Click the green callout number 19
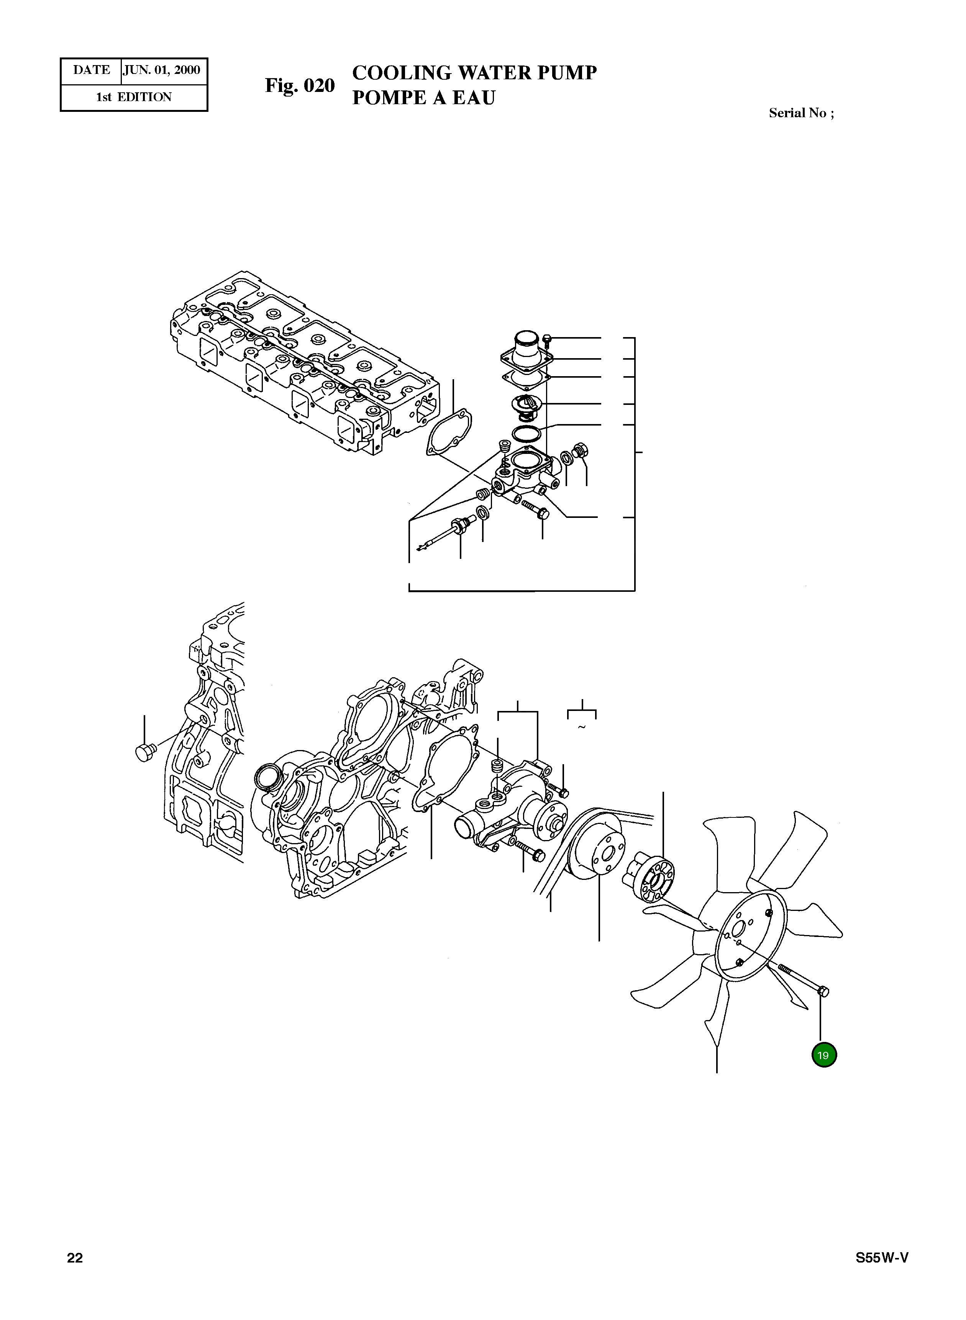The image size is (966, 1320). tap(823, 1055)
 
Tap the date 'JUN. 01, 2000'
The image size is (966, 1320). tap(162, 70)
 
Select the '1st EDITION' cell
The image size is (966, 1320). tap(134, 97)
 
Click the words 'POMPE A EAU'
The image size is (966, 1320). tap(423, 98)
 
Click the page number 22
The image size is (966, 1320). tap(75, 1258)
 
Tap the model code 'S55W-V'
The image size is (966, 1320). tap(882, 1258)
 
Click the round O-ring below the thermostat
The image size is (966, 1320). tap(526, 434)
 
